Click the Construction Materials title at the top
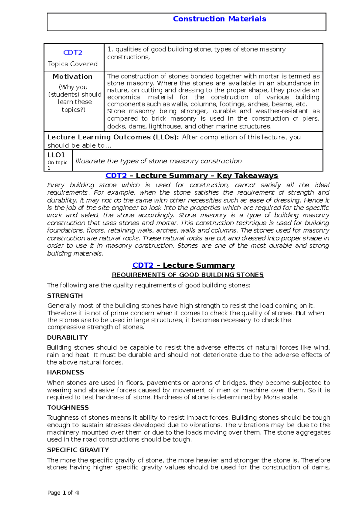click(219, 19)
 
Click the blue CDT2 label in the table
click(73, 53)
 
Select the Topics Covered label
click(73, 64)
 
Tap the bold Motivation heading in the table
click(73, 76)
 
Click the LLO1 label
click(56, 155)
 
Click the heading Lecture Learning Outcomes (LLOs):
click(113, 137)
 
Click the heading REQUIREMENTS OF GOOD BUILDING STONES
click(187, 275)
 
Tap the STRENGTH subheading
click(65, 296)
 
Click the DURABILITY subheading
click(67, 338)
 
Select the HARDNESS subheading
click(65, 372)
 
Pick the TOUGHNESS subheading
click(68, 408)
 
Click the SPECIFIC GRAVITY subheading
click(78, 450)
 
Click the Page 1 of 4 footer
click(63, 493)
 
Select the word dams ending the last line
click(322, 467)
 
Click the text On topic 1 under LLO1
click(57, 165)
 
